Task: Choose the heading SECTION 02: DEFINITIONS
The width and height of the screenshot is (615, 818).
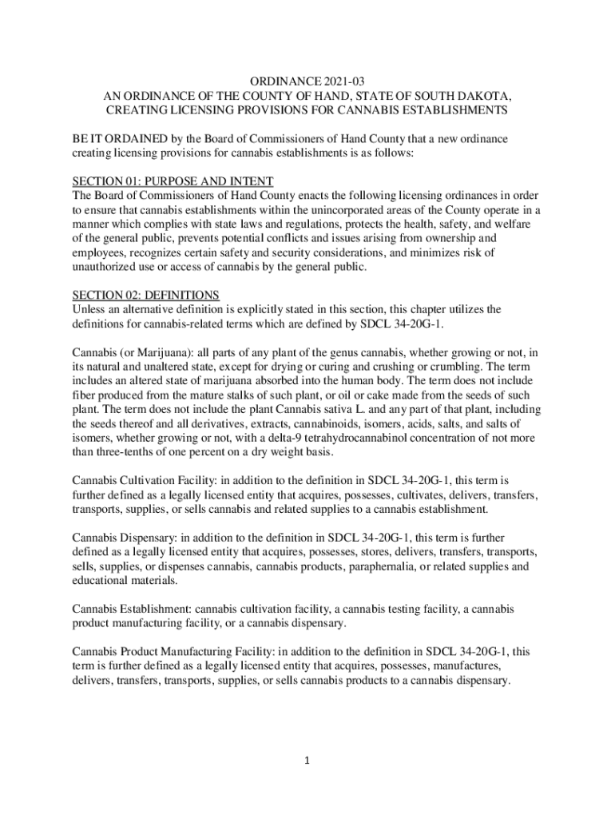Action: tap(145, 294)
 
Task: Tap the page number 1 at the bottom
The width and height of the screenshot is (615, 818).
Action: tap(307, 760)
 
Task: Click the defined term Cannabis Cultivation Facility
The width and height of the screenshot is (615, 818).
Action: tap(141, 481)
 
